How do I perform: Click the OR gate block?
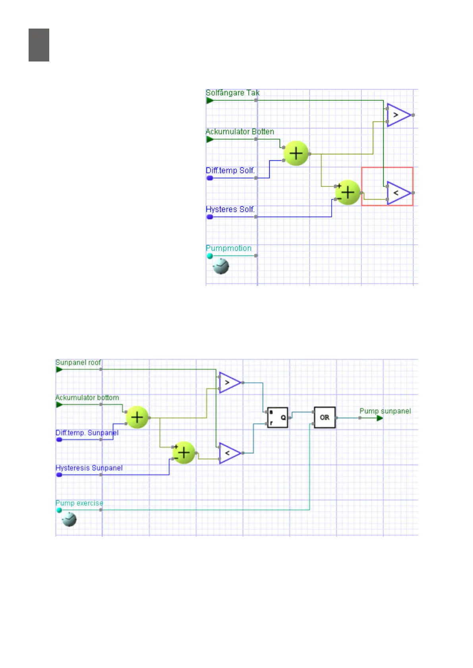tap(324, 417)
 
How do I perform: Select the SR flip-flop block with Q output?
tap(277, 417)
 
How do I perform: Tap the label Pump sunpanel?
tap(385, 411)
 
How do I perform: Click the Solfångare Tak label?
tap(232, 93)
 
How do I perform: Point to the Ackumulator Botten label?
tap(239, 132)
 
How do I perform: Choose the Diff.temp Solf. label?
tap(230, 171)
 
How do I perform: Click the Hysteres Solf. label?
tap(230, 209)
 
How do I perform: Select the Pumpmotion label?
tap(228, 248)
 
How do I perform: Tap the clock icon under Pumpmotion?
tap(221, 266)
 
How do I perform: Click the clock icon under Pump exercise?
tap(69, 519)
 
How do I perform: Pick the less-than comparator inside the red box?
tap(398, 193)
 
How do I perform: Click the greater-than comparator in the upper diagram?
tap(398, 115)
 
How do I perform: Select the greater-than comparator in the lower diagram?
tap(229, 383)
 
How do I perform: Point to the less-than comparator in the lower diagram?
tap(229, 453)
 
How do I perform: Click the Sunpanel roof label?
tap(78, 363)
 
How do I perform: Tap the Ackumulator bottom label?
tap(87, 397)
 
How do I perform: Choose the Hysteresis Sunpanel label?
tap(89, 468)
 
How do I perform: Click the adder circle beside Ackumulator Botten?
tap(296, 154)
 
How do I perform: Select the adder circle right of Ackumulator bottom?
tap(137, 417)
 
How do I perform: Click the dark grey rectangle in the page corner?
tap(39, 45)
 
